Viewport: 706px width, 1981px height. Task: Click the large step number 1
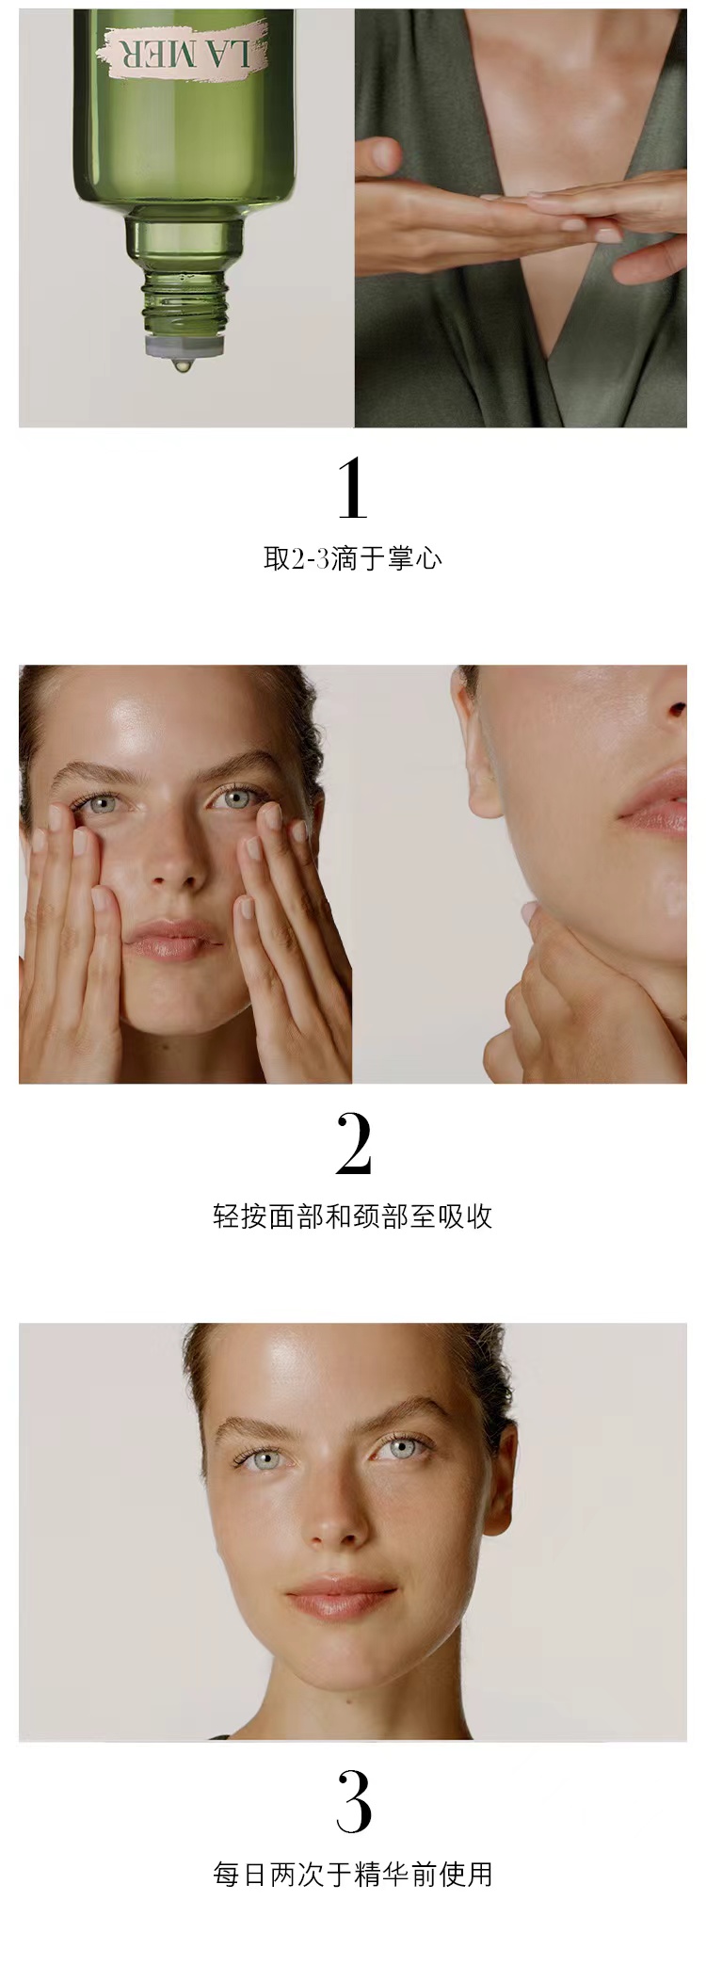(353, 489)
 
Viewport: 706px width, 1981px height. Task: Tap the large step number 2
(353, 1145)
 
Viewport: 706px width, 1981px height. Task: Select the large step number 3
(353, 1803)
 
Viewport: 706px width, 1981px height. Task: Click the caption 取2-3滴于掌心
(353, 559)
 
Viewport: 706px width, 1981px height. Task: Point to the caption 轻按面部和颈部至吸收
(353, 1216)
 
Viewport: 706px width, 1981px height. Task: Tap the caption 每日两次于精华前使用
(353, 1874)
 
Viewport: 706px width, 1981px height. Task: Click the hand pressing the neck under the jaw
(574, 998)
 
